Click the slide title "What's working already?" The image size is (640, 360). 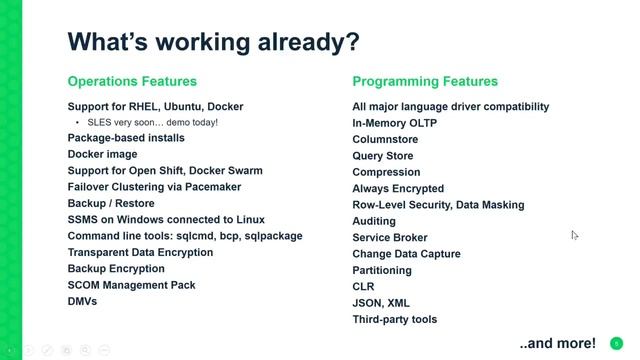213,42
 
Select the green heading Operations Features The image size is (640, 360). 132,81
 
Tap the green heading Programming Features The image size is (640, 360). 425,81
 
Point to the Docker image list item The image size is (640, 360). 102,155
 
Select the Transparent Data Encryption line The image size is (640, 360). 140,252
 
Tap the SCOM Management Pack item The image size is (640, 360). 131,285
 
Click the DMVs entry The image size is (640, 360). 82,301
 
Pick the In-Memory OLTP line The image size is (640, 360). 394,123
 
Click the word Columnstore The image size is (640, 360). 385,139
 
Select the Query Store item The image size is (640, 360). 383,156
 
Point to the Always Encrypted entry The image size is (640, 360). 398,188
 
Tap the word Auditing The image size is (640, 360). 374,221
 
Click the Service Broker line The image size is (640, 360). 390,237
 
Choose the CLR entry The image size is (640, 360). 363,286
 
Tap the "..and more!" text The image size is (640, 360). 557,342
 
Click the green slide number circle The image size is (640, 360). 617,343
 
